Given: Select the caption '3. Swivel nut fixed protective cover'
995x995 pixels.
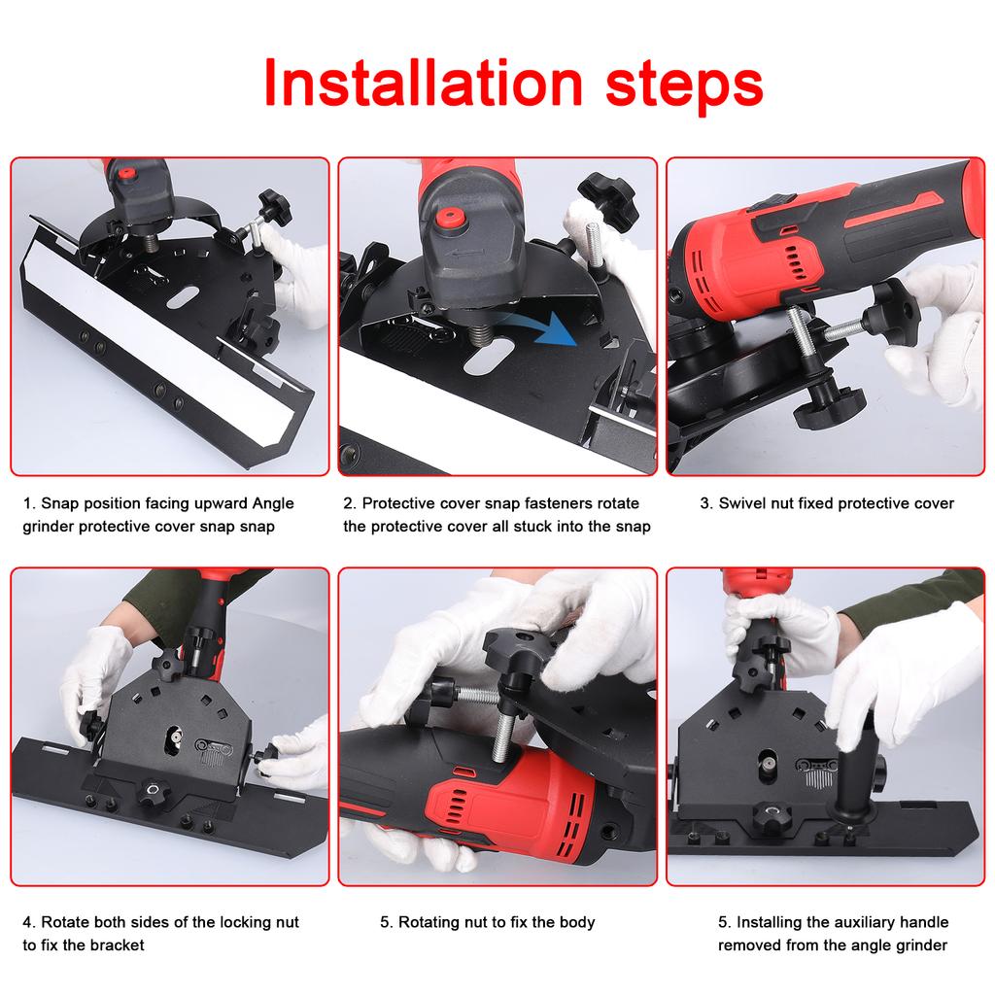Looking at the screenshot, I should click(x=827, y=503).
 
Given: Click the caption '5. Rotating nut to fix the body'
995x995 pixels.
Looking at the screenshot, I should click(x=487, y=922).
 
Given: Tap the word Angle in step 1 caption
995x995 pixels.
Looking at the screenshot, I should click(x=272, y=503).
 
